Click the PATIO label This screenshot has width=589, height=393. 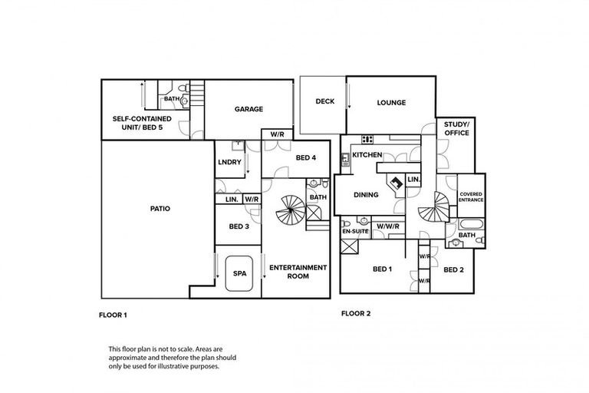[x=160, y=208]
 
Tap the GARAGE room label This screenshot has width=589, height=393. [x=248, y=109]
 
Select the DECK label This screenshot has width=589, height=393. [x=324, y=102]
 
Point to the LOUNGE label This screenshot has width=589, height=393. [x=391, y=103]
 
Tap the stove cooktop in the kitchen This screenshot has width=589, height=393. [x=367, y=139]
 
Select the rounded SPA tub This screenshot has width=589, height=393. [x=239, y=273]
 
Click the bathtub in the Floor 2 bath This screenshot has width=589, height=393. [x=469, y=225]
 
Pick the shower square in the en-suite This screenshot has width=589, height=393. [x=352, y=246]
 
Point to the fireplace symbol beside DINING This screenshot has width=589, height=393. [x=397, y=183]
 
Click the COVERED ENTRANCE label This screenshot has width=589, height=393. [x=471, y=198]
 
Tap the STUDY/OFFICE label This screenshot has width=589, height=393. [x=456, y=128]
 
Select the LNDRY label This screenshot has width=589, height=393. [x=229, y=162]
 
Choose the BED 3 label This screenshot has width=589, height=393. [x=239, y=226]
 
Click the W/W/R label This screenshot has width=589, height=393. [x=387, y=226]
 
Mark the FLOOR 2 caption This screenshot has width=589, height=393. [x=357, y=314]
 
